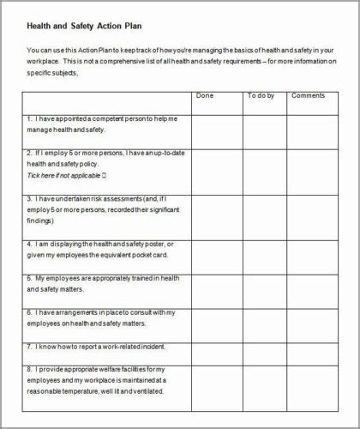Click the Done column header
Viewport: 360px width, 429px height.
coord(204,96)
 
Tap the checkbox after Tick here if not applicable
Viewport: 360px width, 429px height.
coord(104,175)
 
